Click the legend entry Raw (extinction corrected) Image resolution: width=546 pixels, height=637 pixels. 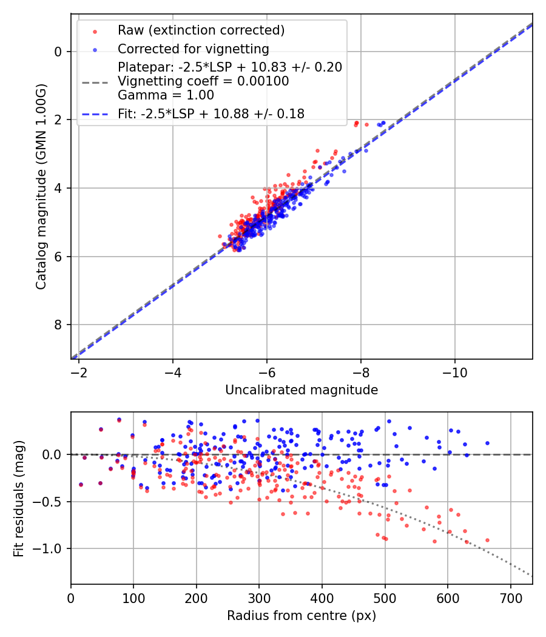pos(201,30)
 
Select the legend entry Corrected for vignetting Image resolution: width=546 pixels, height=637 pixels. pos(193,49)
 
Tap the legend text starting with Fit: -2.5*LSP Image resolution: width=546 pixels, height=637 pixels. pos(211,113)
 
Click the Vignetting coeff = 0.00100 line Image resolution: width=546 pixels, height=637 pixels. pos(203,81)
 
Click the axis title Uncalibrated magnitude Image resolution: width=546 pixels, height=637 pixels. pos(302,390)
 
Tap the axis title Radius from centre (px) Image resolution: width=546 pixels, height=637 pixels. pos(302,616)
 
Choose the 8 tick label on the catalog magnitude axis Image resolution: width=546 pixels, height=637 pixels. pos(58,325)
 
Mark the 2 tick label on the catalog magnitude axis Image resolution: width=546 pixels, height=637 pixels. pos(58,120)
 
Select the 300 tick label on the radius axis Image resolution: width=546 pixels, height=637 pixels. pos(259,598)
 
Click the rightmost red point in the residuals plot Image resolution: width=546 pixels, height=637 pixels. pos(487,540)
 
